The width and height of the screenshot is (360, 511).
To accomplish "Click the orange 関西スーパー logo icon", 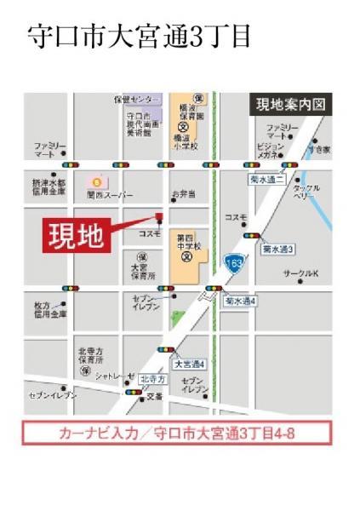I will (96, 181).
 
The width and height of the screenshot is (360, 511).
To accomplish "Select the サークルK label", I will (300, 274).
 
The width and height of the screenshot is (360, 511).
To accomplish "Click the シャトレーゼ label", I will (115, 376).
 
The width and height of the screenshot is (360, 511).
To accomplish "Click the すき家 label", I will (319, 150).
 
